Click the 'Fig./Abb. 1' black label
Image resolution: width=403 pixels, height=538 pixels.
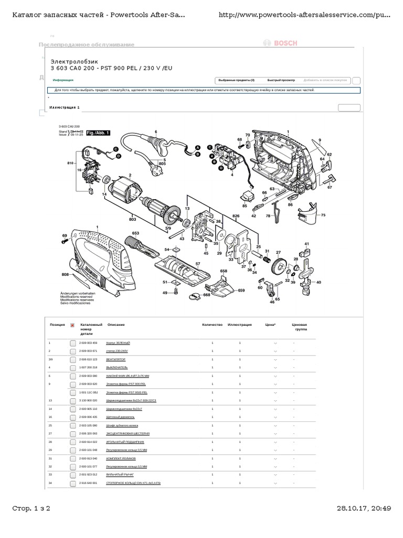pyautogui.click(x=98, y=133)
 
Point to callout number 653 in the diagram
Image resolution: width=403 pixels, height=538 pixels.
pyautogui.click(x=135, y=233)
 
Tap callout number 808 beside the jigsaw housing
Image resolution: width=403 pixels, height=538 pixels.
pyautogui.click(x=66, y=274)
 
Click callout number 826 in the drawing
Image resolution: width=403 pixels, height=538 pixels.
pyautogui.click(x=236, y=216)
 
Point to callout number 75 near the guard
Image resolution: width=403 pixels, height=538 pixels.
pyautogui.click(x=323, y=215)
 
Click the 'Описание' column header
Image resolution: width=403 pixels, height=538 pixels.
pyautogui.click(x=116, y=325)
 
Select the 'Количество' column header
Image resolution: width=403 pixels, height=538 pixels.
pyautogui.click(x=213, y=325)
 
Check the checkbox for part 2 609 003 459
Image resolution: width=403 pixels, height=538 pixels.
pyautogui.click(x=73, y=343)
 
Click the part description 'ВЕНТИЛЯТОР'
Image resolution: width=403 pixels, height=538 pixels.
pyautogui.click(x=116, y=359)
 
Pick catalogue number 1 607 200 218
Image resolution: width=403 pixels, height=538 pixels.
pyautogui.click(x=88, y=367)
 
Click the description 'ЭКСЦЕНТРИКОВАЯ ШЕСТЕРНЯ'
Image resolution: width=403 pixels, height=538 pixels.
pyautogui.click(x=128, y=434)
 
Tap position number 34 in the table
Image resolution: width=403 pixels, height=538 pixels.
pyautogui.click(x=50, y=482)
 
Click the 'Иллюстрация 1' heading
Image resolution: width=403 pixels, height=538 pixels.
pyautogui.click(x=65, y=107)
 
